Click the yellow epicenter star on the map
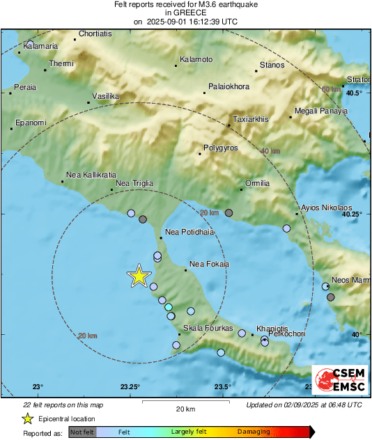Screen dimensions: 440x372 139,276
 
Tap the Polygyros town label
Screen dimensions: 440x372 220,148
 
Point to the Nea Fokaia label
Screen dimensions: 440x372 210,264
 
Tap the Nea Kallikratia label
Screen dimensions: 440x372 91,175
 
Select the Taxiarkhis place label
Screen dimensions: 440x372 250,119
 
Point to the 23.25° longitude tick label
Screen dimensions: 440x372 130,387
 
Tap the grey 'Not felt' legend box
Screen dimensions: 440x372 83,432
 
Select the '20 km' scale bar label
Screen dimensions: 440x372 185,409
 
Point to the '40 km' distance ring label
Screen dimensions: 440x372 270,151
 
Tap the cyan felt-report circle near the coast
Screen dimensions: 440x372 168,307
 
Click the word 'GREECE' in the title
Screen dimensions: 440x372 185,13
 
